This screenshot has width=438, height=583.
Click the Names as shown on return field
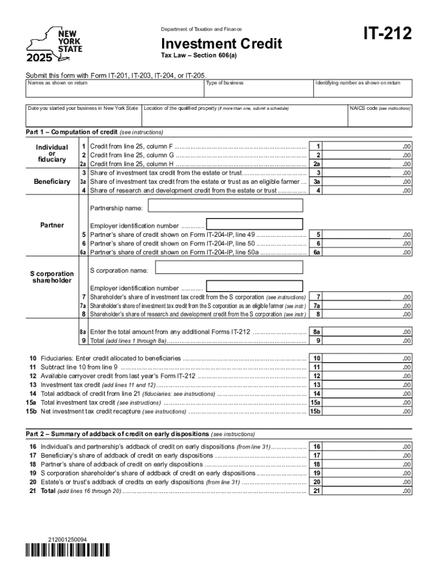[114, 91]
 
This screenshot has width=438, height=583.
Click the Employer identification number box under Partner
[254, 224]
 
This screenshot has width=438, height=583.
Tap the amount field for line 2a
[370, 164]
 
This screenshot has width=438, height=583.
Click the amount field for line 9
[370, 340]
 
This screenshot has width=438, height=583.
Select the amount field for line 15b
[370, 411]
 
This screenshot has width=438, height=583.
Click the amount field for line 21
[370, 491]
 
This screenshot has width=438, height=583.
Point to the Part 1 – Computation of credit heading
[94, 132]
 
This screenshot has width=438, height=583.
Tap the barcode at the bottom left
[68, 550]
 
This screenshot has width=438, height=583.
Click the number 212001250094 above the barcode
[68, 539]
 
